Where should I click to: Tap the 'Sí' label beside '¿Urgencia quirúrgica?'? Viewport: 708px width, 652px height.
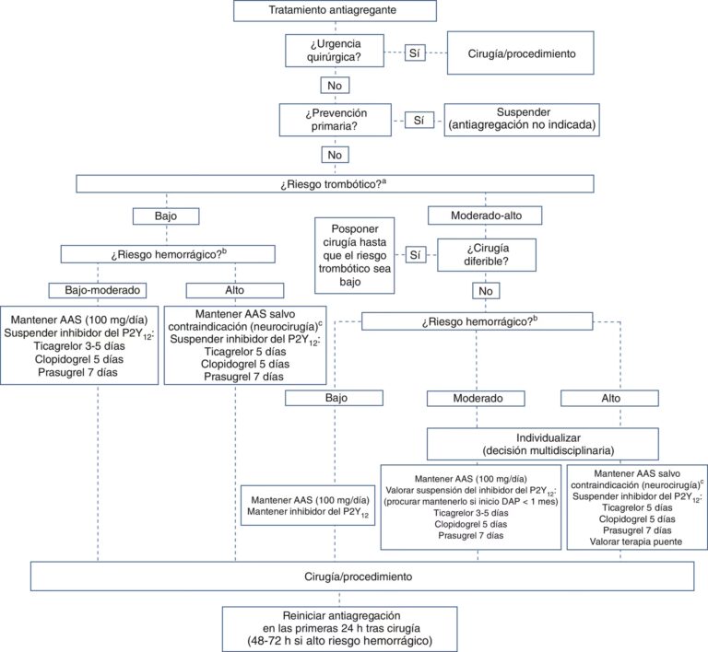coord(415,53)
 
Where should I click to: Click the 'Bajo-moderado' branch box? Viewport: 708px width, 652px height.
coord(100,289)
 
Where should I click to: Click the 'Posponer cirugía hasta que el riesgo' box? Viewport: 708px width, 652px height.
coord(354,255)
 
